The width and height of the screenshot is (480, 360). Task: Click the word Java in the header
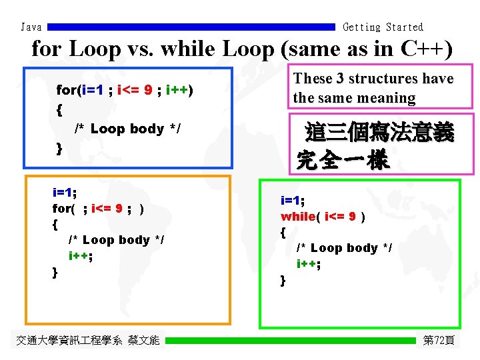click(x=31, y=27)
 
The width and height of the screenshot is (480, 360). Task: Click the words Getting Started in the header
click(x=383, y=27)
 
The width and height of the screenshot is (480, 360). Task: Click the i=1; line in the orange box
click(x=64, y=193)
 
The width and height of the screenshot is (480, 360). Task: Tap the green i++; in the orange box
click(x=80, y=256)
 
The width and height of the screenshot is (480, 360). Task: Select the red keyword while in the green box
click(x=297, y=217)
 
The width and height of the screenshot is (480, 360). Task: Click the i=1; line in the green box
click(x=293, y=200)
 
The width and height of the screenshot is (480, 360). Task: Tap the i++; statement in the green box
click(x=309, y=264)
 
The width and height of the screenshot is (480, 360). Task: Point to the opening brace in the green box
click(x=283, y=233)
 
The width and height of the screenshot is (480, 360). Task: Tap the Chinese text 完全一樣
click(x=342, y=161)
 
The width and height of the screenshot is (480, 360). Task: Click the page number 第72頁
click(x=439, y=341)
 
